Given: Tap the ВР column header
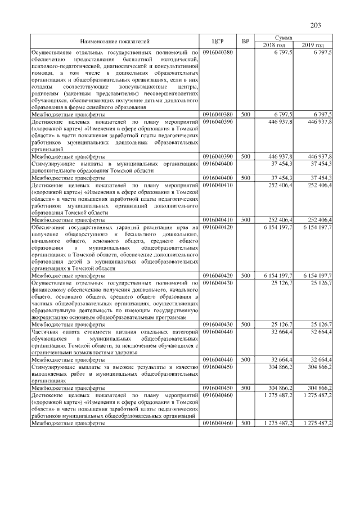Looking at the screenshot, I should point(245,42).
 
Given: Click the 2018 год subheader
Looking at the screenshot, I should point(275,45).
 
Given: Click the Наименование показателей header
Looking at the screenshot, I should point(115,42).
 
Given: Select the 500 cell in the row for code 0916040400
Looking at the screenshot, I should point(245,178).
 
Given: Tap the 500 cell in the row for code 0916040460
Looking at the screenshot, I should point(245,423).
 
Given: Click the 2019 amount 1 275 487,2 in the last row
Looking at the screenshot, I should point(317,423).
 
